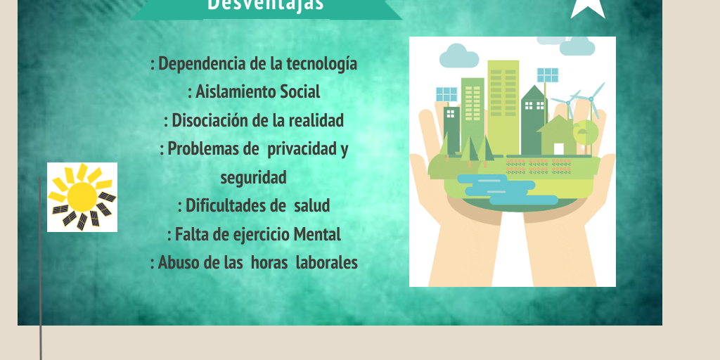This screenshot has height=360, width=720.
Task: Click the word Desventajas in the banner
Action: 265,5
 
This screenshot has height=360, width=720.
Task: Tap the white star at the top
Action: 587,8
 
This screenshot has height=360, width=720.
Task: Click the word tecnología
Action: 321,64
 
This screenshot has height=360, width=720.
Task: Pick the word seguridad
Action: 253,177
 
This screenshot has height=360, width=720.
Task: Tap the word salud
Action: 311,205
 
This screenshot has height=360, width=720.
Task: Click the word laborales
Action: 326,263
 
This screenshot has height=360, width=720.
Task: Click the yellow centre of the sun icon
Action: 82,197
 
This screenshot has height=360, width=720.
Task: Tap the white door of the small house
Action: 558,149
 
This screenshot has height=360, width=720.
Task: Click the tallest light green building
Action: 503,107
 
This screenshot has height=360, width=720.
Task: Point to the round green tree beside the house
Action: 586,131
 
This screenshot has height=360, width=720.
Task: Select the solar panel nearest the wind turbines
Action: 547,75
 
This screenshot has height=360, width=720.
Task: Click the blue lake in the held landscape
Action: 505,189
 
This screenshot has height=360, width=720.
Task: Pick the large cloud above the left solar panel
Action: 459,56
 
